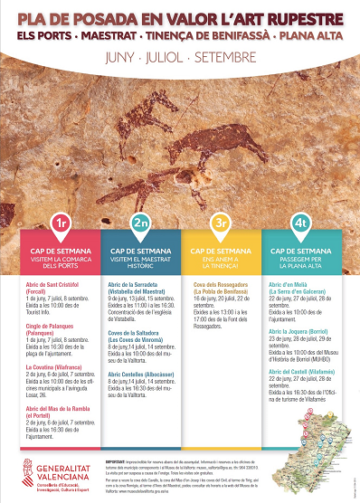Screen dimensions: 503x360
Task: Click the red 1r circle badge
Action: [x=61, y=223]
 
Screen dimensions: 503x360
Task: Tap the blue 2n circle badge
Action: [x=140, y=223]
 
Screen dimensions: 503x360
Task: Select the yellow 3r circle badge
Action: [x=220, y=223]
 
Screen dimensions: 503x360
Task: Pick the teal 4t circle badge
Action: [x=300, y=223]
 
